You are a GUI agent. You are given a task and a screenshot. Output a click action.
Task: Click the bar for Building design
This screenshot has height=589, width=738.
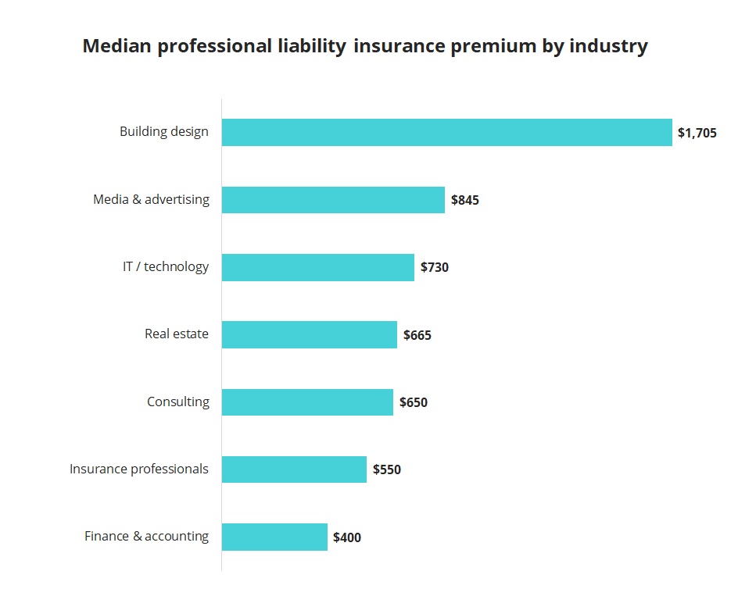point(446,132)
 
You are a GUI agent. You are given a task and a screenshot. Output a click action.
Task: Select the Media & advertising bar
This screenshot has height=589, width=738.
point(333,200)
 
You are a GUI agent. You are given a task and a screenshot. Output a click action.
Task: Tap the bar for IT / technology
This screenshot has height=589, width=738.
point(317,267)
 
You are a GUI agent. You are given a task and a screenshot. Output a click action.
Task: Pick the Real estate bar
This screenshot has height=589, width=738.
point(309,334)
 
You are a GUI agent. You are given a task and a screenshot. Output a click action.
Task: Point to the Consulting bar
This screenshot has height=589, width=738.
point(307,402)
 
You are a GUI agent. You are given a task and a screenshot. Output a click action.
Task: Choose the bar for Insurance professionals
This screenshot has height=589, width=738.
point(294,469)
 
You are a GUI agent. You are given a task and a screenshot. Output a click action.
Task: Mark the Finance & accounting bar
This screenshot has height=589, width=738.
point(274,537)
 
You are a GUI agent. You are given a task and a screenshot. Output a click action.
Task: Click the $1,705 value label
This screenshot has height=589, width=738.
point(697,133)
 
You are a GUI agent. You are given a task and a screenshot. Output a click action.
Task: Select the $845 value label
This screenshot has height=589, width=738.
point(465,200)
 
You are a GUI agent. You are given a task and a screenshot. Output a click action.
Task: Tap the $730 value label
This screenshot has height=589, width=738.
point(435,267)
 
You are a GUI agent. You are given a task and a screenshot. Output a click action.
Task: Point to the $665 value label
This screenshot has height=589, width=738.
point(417,335)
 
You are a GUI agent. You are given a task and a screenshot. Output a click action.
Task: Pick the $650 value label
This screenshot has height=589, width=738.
point(414,402)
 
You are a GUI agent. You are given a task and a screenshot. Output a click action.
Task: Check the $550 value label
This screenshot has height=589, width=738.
point(387,469)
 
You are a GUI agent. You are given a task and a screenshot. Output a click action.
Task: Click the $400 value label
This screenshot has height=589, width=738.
point(347,537)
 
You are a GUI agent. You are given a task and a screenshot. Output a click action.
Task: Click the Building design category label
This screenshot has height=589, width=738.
point(164,131)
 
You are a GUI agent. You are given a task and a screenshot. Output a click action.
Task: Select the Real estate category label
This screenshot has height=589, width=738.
point(177,334)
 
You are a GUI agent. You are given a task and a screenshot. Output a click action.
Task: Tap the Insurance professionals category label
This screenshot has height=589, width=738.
point(139,469)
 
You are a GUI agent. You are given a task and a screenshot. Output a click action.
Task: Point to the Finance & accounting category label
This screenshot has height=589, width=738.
point(147,536)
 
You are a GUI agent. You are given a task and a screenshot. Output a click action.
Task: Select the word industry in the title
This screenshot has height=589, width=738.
point(608,46)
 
